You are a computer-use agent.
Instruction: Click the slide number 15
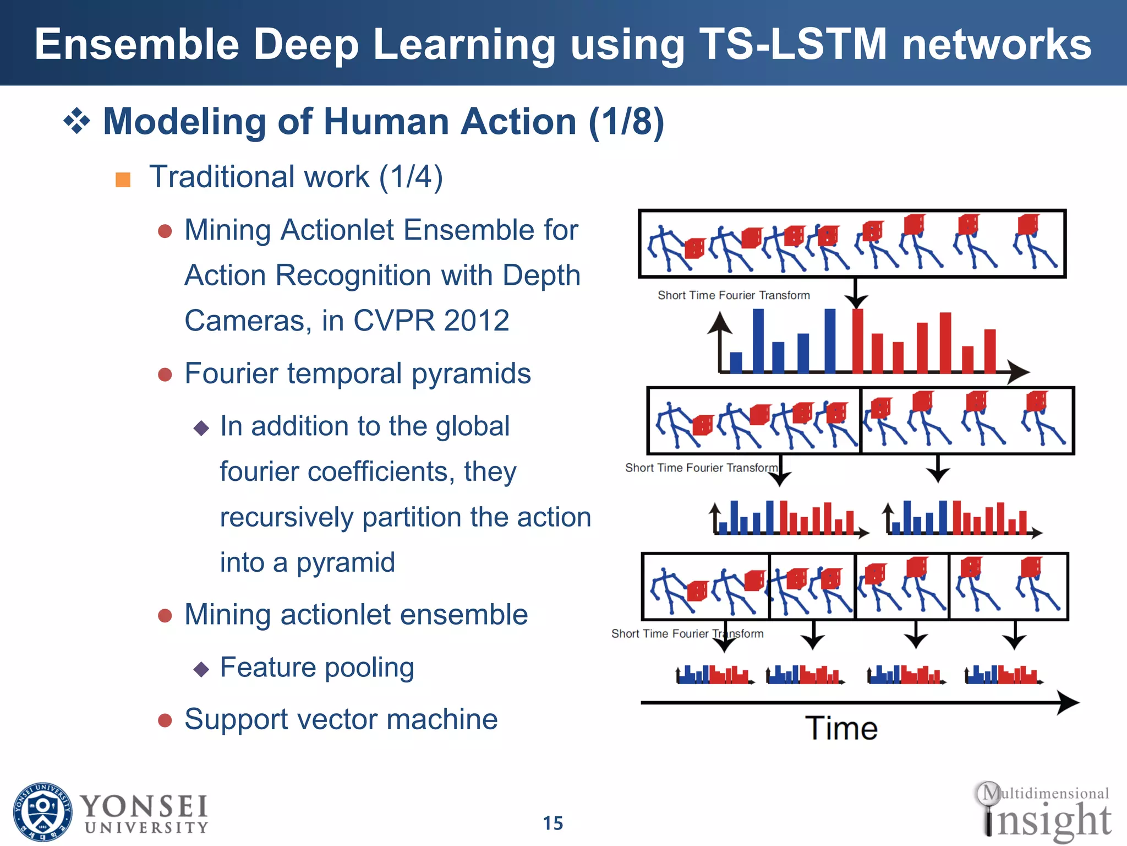(553, 823)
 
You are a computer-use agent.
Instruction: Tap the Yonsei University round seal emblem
(42, 811)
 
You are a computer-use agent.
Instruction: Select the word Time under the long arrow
(841, 728)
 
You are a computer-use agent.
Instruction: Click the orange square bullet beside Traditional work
(123, 180)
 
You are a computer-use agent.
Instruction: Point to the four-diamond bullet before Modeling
(76, 121)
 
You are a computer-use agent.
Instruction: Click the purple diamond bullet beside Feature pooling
(201, 669)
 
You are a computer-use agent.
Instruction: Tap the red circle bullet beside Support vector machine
(165, 720)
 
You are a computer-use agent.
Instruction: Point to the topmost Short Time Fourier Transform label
(734, 295)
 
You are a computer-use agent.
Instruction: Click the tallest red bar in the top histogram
(857, 341)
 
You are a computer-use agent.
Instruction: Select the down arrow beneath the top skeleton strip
(856, 295)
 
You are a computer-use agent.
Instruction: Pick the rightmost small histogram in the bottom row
(1003, 675)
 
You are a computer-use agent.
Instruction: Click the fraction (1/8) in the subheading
(626, 121)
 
